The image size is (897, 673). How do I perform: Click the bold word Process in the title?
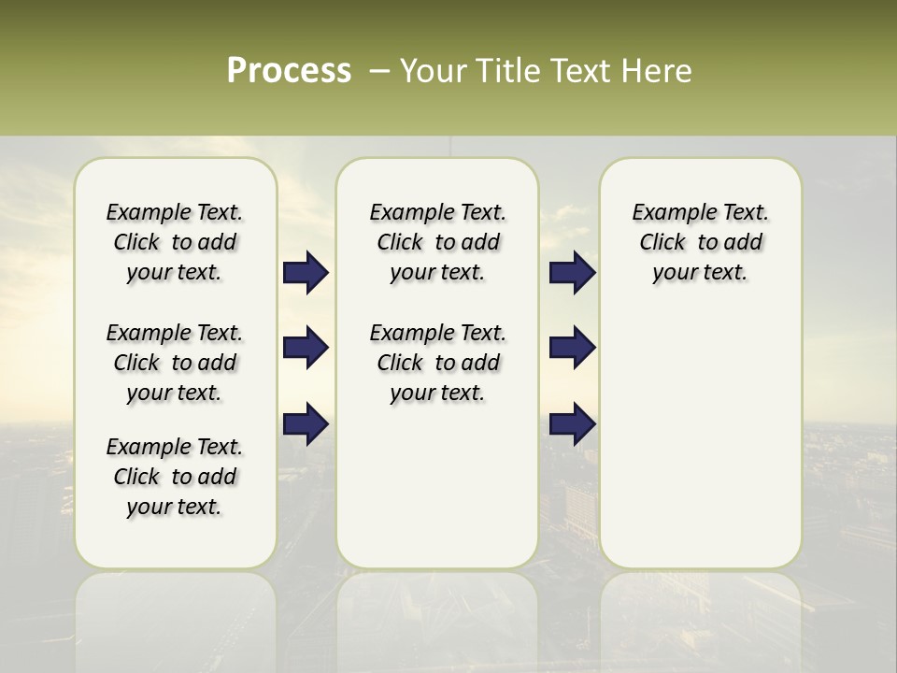click(289, 71)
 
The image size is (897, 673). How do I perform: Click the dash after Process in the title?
click(379, 72)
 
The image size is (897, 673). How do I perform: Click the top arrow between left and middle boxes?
click(306, 273)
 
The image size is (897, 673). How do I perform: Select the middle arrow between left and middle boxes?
click(306, 348)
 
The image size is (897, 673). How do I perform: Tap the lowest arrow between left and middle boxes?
click(306, 423)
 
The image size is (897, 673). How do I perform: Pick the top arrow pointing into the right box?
click(572, 273)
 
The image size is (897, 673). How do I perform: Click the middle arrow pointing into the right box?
click(572, 348)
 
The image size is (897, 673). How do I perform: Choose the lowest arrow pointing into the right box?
click(572, 423)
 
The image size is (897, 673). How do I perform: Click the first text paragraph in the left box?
click(175, 242)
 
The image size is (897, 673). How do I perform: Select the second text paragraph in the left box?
click(175, 363)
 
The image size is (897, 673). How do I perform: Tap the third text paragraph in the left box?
click(175, 477)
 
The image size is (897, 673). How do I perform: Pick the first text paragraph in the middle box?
click(437, 242)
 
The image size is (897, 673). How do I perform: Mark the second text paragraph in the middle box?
click(437, 363)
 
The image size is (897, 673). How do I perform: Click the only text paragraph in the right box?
click(700, 242)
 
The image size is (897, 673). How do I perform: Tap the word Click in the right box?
click(662, 243)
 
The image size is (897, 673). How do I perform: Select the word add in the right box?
click(744, 243)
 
